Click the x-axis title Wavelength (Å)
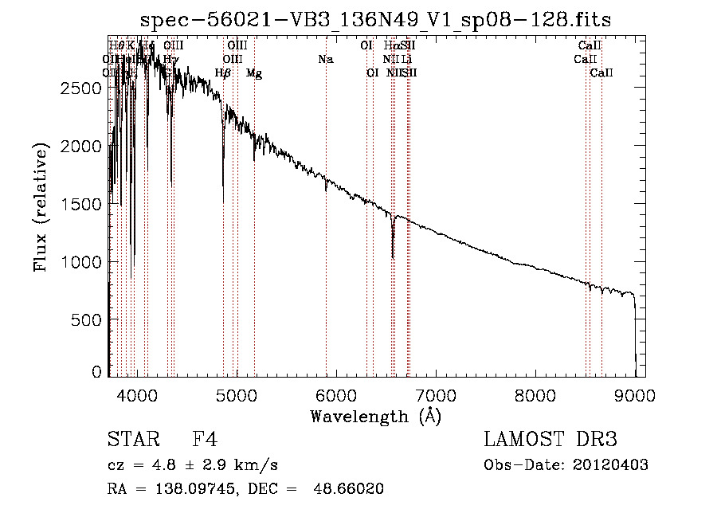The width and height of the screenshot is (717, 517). [375, 416]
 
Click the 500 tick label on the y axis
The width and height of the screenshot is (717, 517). [88, 319]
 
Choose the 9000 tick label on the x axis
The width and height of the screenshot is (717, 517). [635, 394]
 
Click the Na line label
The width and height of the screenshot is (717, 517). [325, 59]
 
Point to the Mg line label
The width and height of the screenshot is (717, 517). [253, 73]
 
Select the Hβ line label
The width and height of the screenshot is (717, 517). [223, 73]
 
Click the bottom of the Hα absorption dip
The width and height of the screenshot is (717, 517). [393, 257]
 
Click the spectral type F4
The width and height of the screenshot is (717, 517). [205, 440]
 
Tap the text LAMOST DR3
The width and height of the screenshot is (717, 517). [550, 440]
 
